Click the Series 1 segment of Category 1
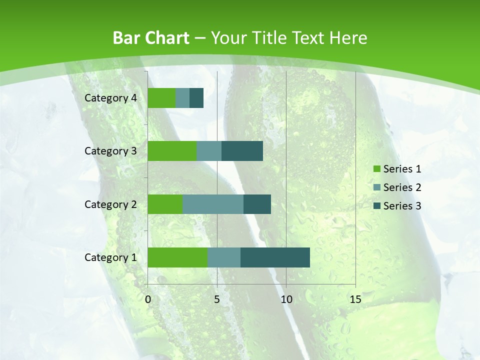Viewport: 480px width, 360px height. (177, 257)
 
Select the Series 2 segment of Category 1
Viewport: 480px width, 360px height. (224, 257)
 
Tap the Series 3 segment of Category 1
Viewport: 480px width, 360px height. (275, 257)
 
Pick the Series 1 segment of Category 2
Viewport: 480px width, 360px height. (165, 204)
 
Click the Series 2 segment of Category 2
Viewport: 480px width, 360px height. (213, 204)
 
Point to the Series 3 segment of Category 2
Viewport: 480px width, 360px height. (257, 204)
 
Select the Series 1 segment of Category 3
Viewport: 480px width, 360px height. (172, 151)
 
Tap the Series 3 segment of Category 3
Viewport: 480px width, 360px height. (242, 151)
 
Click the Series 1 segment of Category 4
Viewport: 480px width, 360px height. (161, 98)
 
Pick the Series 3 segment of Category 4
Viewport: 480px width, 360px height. (196, 98)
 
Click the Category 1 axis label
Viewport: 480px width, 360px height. (110, 257)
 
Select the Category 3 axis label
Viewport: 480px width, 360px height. (110, 151)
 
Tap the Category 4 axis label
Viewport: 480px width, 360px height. (110, 98)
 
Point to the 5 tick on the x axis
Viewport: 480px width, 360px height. (217, 299)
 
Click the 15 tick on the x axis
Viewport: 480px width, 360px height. (355, 299)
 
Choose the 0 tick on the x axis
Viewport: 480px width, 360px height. (148, 299)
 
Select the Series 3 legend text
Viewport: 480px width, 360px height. (402, 206)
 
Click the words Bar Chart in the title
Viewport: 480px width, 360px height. (150, 38)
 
